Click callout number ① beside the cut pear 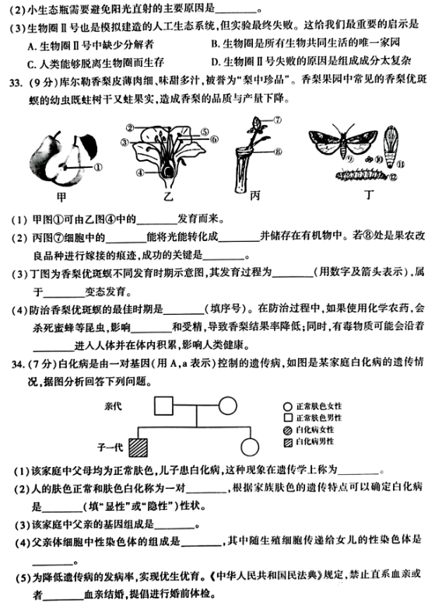pyautogui.click(x=97, y=166)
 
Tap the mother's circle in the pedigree pyautogui.click(x=226, y=406)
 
